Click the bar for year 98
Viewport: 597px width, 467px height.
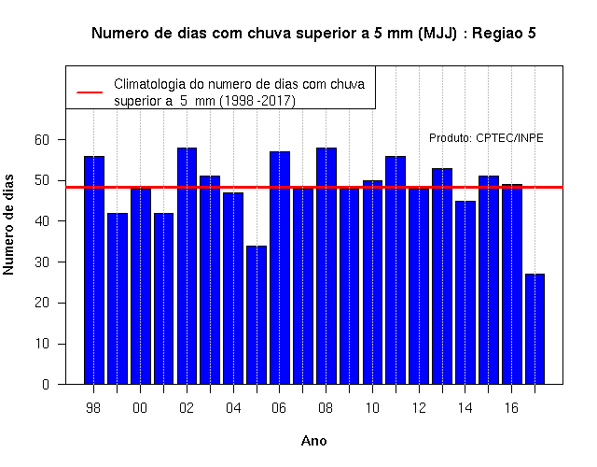[x=94, y=270]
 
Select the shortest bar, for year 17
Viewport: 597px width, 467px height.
[x=535, y=329]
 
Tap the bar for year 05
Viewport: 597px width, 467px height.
[x=257, y=315]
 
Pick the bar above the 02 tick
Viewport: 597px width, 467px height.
[x=187, y=265]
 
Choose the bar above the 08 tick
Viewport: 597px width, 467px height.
[x=326, y=265]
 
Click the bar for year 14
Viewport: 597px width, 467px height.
[x=465, y=292]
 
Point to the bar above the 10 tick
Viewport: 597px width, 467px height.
[x=372, y=282]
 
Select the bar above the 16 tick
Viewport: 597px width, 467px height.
[x=512, y=284]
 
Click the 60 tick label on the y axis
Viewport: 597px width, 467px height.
[x=42, y=140]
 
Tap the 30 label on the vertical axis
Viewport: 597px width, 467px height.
[x=42, y=262]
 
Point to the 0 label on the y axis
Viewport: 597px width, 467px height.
[x=46, y=384]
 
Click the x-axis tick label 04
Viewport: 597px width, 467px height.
[x=233, y=408]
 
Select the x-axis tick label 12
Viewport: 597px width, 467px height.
[x=419, y=408]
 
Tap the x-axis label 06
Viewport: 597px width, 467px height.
[x=279, y=408]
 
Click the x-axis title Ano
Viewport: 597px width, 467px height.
[x=314, y=441]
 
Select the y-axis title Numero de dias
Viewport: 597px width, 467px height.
[x=8, y=225]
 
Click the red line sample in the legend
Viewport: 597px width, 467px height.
[x=90, y=92]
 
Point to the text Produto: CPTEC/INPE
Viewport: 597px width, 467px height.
[x=486, y=137]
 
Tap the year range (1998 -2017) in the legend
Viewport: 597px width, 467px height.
[x=257, y=101]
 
